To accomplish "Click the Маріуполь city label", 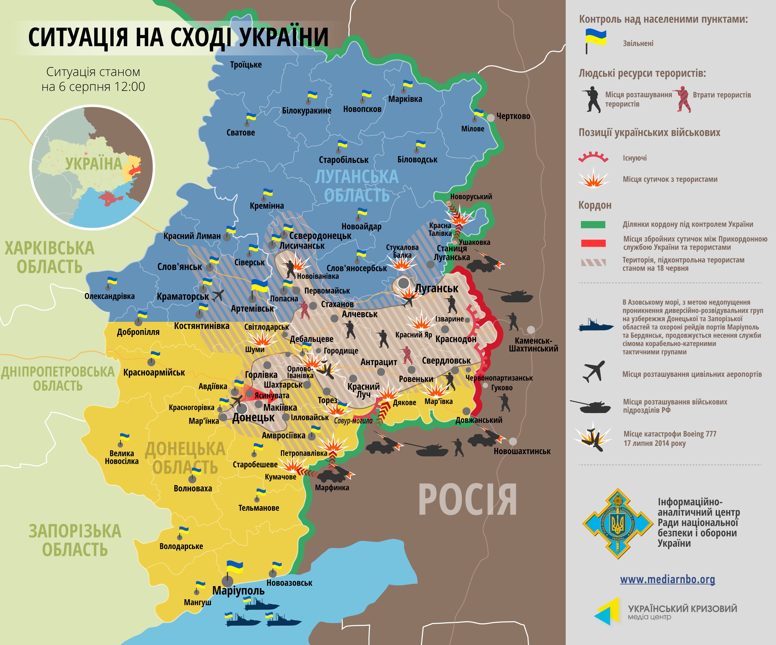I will click(x=238, y=590).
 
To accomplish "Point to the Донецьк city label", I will click(x=253, y=418).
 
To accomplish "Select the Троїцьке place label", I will click(x=246, y=65).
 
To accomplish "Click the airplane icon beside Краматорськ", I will click(x=218, y=295).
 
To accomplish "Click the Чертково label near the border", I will click(x=513, y=116).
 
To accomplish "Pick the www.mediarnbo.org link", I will click(x=667, y=579).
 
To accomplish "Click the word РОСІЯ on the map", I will click(x=467, y=500).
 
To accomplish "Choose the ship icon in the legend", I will click(x=595, y=325).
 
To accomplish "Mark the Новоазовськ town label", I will click(x=289, y=583).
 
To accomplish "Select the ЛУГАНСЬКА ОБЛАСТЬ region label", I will click(x=357, y=186).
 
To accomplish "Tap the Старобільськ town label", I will click(x=344, y=160).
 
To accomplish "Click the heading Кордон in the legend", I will click(x=595, y=205).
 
